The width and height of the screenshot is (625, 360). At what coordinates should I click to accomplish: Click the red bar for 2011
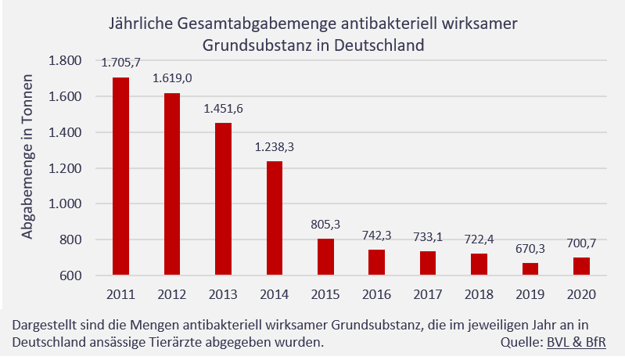[120, 176]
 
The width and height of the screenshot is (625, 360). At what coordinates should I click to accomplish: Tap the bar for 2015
[325, 257]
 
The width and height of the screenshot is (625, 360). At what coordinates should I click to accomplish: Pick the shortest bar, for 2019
[530, 268]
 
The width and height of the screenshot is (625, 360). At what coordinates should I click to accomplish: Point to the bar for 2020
[581, 266]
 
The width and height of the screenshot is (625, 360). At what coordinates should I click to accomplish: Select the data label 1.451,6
[223, 110]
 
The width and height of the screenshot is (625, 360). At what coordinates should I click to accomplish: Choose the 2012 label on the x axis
[172, 294]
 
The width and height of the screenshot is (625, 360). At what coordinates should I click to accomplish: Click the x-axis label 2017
[427, 294]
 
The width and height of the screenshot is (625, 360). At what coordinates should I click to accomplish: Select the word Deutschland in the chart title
[379, 45]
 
